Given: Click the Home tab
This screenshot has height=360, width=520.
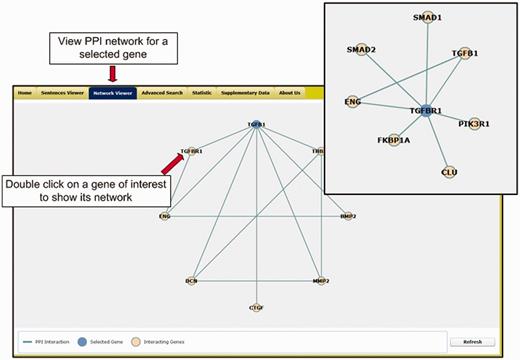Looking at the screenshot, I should [x=24, y=93].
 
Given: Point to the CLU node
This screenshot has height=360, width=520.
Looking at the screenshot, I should [x=449, y=171].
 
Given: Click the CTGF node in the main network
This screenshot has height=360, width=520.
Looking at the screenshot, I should [x=255, y=307].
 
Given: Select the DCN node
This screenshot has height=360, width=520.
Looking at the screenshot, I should [x=191, y=281].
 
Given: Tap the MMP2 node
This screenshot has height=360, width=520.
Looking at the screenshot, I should [x=320, y=281].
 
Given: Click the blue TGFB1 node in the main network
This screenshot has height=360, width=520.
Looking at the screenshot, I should [x=255, y=126].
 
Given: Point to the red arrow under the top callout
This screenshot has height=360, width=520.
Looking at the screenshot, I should [x=112, y=72].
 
